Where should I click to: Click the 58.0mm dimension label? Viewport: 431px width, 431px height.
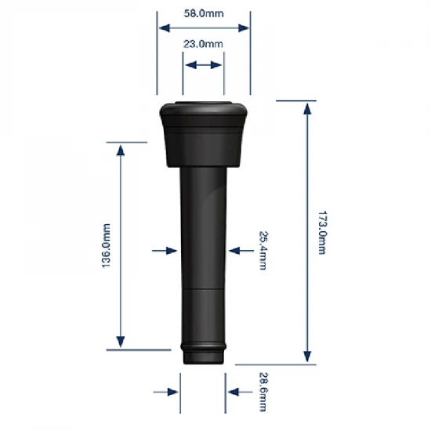coord(204,14)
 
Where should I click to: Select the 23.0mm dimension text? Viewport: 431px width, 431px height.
coord(204,45)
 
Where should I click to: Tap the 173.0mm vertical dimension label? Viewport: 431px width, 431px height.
coord(321,232)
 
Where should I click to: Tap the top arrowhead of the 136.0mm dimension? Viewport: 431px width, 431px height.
coord(120,149)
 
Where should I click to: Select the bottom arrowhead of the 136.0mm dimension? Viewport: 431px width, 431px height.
coord(120,342)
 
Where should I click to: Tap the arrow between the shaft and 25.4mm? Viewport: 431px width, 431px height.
coord(237,251)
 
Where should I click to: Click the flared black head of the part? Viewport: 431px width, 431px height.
coord(204,133)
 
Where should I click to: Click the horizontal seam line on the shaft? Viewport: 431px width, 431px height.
coord(204,290)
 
